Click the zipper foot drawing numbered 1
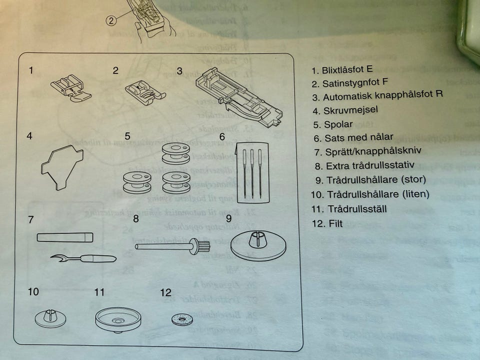tap(71, 88)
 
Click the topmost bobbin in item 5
tap(175, 152)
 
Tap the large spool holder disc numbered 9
tap(258, 244)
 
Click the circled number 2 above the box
tap(111, 20)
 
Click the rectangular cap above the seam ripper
tap(65, 237)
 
